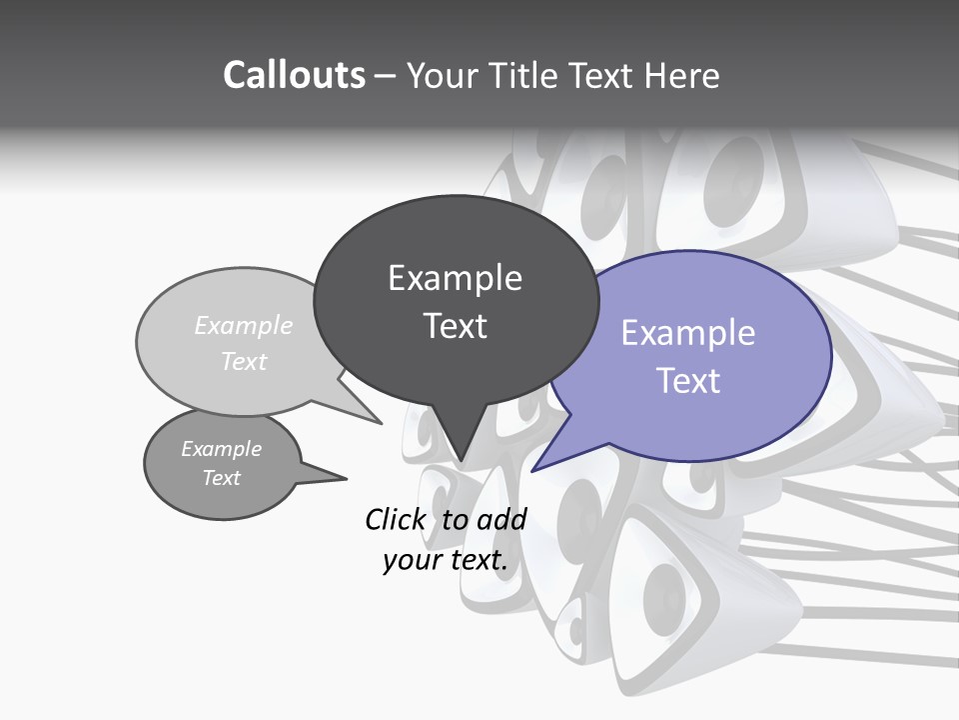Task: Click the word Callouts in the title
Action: [x=294, y=75]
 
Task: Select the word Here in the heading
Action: [x=683, y=75]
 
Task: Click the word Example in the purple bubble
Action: [x=688, y=333]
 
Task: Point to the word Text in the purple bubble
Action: [x=688, y=381]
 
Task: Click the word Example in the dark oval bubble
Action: [x=455, y=278]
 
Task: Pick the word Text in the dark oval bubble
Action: [x=456, y=326]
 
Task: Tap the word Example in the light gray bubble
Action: [x=244, y=325]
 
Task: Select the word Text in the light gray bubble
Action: [x=244, y=361]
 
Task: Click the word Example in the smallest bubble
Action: [x=222, y=449]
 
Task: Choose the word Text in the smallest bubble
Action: [x=222, y=478]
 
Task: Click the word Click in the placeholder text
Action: [x=396, y=519]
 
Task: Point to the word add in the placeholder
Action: [x=500, y=519]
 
